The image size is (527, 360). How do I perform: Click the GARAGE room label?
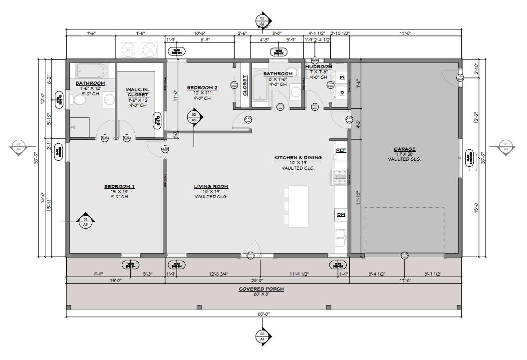coord(404,149)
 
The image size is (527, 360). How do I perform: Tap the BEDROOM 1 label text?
coord(119,187)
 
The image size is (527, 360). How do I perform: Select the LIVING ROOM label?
coord(211,187)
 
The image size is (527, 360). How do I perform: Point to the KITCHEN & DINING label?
coord(298,158)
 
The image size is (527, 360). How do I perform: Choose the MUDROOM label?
coord(318,67)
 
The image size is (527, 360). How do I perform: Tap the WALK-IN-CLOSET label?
coord(138,92)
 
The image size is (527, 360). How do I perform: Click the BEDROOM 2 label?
coord(202,88)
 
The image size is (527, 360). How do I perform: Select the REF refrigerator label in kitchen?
coord(341,150)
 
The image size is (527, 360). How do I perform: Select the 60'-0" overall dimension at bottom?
coord(263,314)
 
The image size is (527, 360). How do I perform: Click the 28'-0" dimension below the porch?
coord(257,280)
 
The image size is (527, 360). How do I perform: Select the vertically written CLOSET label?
coord(245,85)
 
